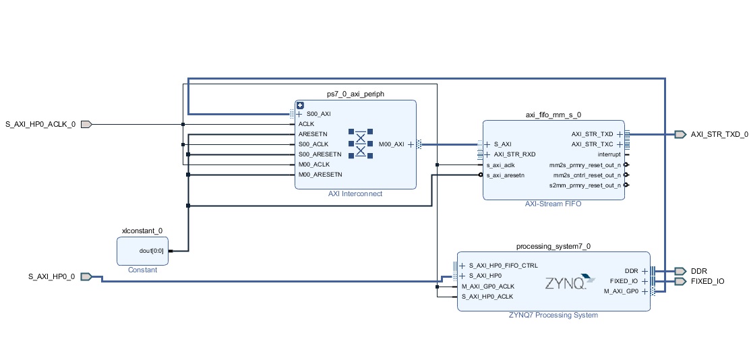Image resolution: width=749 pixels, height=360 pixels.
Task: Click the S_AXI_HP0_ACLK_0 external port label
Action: pos(40,124)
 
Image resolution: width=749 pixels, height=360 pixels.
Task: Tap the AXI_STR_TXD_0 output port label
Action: pos(719,134)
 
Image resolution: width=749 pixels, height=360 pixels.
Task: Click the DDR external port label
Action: pos(699,271)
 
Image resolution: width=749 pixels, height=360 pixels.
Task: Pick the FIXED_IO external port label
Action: pos(708,281)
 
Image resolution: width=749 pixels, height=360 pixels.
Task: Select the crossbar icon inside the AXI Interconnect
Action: pos(361,143)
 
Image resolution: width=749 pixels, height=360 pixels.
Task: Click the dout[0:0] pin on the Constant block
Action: pos(151,251)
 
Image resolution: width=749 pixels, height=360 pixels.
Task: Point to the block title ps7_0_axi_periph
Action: pos(355,94)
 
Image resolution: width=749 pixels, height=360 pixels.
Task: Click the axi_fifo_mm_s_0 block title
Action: pos(553,115)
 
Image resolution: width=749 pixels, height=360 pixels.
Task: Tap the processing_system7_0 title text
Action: pos(553,246)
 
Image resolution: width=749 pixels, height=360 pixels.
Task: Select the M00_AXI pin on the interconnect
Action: pos(392,144)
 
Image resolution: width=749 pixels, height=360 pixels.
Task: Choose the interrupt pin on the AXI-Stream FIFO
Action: pos(609,154)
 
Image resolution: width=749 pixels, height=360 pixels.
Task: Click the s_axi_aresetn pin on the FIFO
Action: pos(506,175)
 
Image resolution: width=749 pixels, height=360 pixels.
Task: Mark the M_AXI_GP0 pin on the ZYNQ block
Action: pos(621,291)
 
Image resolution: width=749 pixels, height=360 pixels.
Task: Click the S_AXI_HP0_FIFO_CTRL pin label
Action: pos(503,266)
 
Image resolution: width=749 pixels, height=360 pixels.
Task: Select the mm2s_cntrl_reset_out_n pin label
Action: pos(586,175)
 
